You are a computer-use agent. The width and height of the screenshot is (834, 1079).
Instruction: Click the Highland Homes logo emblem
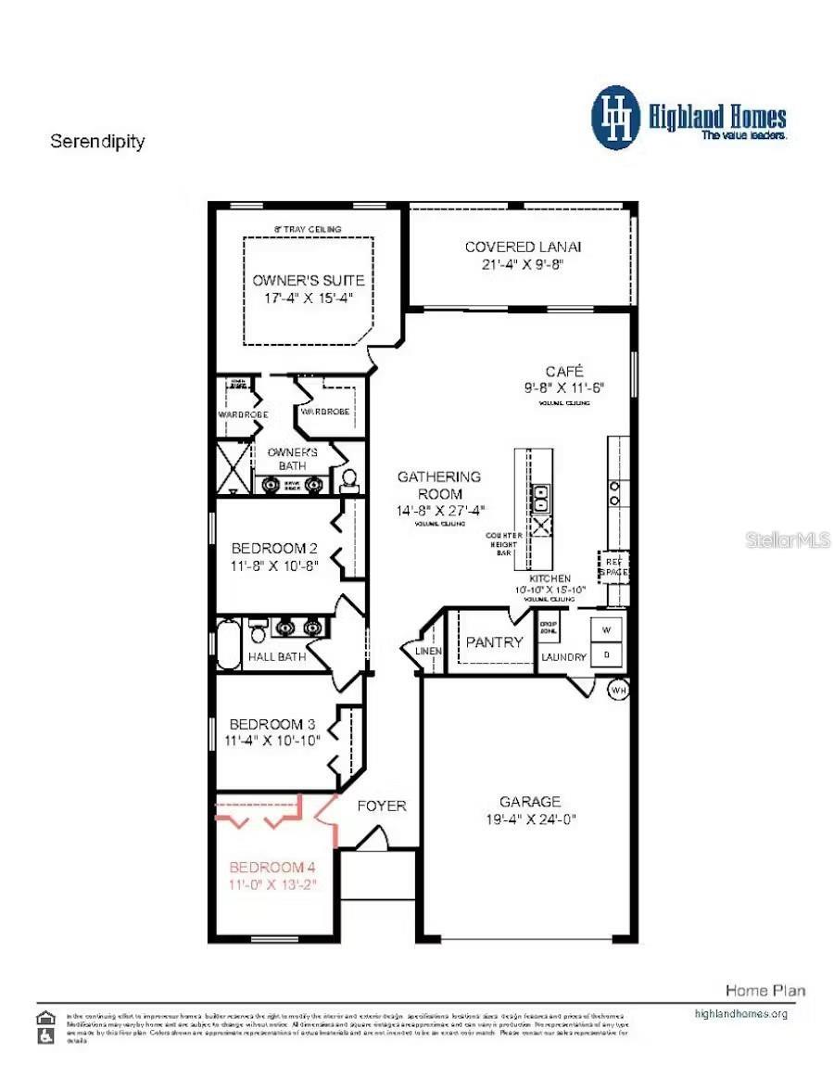[616, 118]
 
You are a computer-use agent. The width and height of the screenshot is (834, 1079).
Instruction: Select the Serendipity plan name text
[97, 142]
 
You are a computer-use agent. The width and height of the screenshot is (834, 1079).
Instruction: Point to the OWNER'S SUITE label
[309, 280]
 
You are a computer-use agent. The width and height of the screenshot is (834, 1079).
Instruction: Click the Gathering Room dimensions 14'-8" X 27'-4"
[439, 510]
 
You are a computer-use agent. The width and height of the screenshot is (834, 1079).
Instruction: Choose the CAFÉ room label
[563, 371]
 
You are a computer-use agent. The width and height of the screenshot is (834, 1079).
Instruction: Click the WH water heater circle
[618, 690]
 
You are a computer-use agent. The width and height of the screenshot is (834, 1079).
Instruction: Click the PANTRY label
[494, 641]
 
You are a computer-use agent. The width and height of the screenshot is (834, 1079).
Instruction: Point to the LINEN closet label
[430, 651]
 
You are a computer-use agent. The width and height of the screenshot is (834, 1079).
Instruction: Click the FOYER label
[382, 806]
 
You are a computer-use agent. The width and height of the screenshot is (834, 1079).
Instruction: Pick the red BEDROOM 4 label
[272, 867]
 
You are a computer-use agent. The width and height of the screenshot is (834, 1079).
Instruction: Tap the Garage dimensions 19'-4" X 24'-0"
[530, 819]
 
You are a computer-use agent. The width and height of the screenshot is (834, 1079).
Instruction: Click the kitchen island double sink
[540, 499]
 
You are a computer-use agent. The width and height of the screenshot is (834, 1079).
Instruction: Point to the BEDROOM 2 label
[274, 548]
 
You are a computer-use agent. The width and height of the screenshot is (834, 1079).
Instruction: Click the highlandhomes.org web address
[740, 1013]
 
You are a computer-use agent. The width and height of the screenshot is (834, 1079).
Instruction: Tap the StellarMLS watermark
[787, 539]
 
